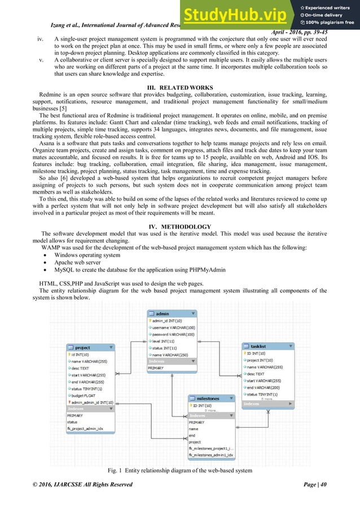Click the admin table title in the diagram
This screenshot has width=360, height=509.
pos(163,314)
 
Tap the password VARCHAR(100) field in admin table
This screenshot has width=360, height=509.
pos(173,335)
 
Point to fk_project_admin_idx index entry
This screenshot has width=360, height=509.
pos(85,429)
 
